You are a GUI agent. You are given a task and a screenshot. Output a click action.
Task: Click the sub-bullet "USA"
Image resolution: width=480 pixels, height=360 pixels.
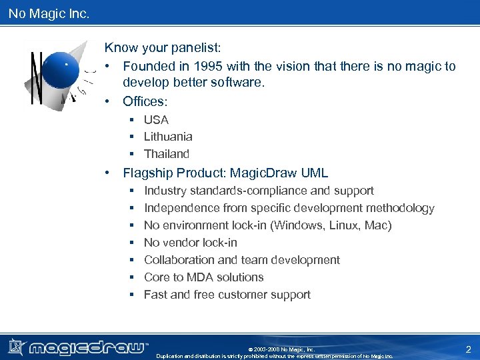tap(156, 119)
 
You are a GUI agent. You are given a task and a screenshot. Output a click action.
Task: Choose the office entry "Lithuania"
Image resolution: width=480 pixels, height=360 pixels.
tap(168, 137)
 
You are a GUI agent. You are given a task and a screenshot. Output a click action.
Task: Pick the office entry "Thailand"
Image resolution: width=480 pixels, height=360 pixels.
tap(167, 154)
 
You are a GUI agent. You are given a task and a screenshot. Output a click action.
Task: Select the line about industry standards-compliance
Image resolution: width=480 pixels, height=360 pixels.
tap(259, 191)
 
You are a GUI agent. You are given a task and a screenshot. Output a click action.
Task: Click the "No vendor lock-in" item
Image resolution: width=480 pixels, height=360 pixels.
tap(190, 243)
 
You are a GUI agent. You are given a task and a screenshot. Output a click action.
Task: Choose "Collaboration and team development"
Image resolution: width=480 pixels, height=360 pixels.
tap(241, 260)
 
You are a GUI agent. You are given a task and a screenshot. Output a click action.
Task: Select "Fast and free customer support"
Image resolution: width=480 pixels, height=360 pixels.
tap(227, 295)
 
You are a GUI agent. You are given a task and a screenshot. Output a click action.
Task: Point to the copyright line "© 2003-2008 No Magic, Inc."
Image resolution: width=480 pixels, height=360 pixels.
tap(281, 349)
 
